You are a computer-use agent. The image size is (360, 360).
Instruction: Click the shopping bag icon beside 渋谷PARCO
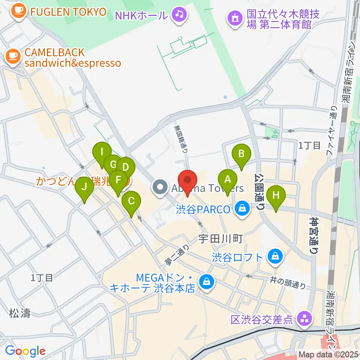pos(243,208)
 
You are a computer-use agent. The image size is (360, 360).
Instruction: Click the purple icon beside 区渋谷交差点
pos(303,319)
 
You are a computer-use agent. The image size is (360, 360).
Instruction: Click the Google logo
pos(25,351)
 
